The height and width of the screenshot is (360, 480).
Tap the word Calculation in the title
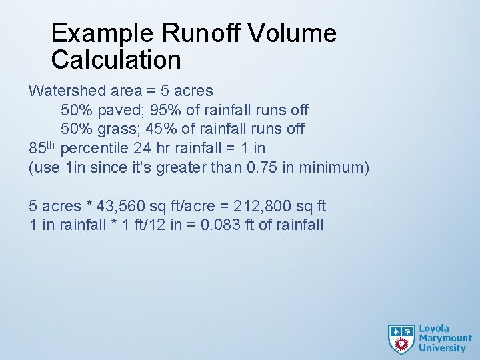116,60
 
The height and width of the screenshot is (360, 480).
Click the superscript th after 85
53,143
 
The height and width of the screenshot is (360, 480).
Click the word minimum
332,167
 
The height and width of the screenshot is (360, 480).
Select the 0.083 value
220,225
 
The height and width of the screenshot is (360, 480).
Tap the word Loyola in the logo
435,329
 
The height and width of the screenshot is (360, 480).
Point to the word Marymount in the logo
445,339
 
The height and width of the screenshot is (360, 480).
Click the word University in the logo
442,348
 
